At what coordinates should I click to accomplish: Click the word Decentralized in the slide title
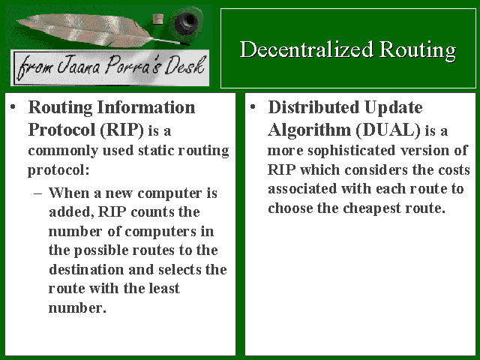[307, 49]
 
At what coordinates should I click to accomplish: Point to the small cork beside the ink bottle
[158, 19]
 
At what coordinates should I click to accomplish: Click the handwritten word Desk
[185, 65]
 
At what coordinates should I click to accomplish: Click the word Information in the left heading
[146, 107]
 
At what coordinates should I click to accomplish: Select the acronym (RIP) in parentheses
[121, 130]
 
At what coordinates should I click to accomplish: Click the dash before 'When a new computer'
[37, 193]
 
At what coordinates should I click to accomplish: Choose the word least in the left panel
[164, 288]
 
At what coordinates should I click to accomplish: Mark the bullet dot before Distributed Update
[253, 107]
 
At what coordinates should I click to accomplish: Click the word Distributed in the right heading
[313, 107]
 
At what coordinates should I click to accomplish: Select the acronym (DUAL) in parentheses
[388, 130]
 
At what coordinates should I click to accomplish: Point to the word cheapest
[372, 208]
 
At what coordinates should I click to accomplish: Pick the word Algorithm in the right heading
[309, 130]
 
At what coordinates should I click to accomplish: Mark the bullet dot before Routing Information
[13, 107]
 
